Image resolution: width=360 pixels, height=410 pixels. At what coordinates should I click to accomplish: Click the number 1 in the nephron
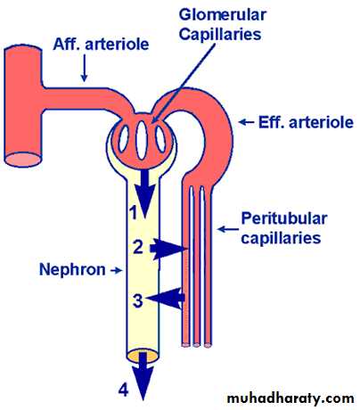134,213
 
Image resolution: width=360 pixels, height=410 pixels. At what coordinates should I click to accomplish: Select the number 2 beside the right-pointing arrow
138,247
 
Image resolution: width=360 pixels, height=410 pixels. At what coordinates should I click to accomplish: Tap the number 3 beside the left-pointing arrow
137,300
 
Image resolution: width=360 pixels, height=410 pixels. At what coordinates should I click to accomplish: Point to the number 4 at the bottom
124,389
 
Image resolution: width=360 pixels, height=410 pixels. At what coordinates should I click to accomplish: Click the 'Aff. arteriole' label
101,45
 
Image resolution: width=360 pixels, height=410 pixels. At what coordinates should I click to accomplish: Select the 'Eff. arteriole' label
306,122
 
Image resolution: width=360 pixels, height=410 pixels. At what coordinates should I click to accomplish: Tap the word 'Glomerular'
223,15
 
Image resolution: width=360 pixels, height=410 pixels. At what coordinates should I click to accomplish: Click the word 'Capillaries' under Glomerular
220,35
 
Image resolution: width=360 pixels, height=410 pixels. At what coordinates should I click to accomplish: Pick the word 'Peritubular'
284,218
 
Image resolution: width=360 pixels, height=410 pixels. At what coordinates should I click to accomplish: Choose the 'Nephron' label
72,269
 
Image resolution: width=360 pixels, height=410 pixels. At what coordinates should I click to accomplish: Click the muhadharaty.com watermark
290,398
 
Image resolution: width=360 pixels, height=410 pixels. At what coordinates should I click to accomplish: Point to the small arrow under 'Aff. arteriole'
85,68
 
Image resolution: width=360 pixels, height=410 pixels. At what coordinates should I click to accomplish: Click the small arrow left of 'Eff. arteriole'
247,122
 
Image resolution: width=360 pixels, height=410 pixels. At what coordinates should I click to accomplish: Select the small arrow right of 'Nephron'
116,270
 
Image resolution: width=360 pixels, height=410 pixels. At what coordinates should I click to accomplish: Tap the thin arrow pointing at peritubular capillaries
228,229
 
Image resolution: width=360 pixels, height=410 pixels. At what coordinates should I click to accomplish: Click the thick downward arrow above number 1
144,193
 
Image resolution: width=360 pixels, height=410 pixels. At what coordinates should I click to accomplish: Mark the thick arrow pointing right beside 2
168,249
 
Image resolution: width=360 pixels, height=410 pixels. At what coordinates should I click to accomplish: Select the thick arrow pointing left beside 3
166,298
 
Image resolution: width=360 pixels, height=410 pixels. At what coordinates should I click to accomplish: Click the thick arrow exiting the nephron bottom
143,376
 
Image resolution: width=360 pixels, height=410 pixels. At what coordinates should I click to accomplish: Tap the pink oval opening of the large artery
23,160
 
